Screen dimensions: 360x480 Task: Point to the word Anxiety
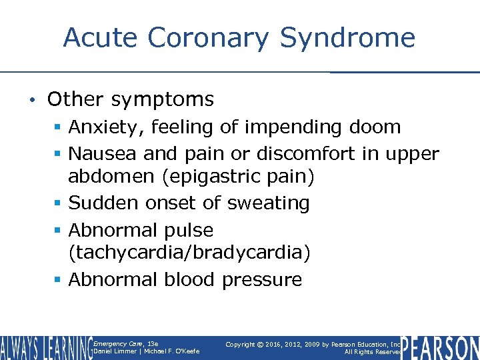(101, 127)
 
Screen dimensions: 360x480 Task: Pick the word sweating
(269, 203)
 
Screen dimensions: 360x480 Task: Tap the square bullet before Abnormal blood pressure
(59, 280)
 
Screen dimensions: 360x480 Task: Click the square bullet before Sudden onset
(59, 203)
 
